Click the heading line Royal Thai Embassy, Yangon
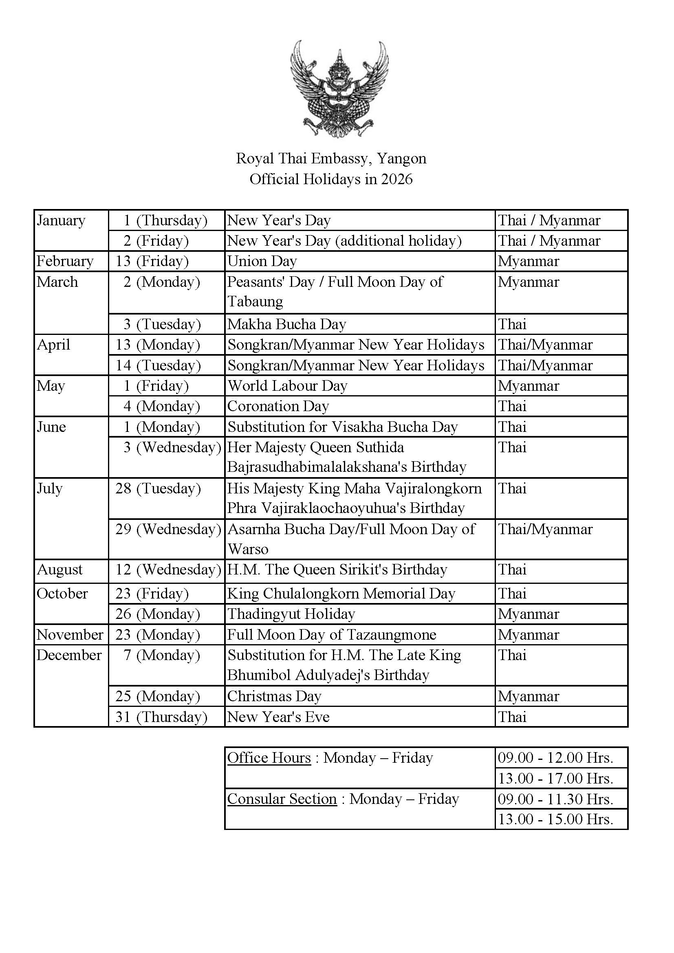331,158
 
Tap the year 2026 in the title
397,179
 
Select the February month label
65,262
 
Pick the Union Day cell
262,262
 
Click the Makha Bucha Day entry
286,324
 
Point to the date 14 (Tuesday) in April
158,365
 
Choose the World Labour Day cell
287,386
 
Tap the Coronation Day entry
278,406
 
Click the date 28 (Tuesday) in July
158,489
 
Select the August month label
60,570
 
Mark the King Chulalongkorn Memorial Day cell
341,594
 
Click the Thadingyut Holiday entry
291,614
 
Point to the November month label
70,635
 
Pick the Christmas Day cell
274,696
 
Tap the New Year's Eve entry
278,717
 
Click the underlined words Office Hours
269,758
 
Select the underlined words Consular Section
282,799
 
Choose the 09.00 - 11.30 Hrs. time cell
555,799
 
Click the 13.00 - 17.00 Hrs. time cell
555,778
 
